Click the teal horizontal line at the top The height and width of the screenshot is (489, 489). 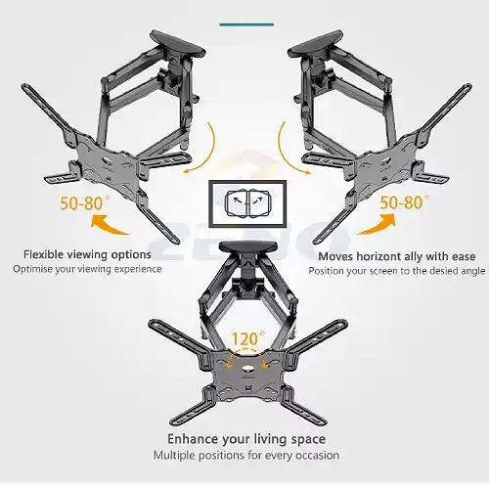[x=246, y=24]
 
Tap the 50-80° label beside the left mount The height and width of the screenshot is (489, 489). [x=85, y=202]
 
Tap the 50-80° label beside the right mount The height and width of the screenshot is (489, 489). [x=404, y=202]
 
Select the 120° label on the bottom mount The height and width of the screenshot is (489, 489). [x=248, y=338]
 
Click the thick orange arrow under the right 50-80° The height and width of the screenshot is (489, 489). [x=378, y=225]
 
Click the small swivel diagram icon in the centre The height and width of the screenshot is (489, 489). [x=247, y=203]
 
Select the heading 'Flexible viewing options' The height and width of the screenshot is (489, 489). [x=87, y=254]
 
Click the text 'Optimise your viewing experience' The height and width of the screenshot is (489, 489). [x=87, y=269]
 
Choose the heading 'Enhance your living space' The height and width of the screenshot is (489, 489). [x=246, y=439]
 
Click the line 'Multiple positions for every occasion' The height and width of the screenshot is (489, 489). [x=246, y=455]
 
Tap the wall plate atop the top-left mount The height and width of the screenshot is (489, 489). [x=178, y=45]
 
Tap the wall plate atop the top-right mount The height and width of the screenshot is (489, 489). [x=316, y=44]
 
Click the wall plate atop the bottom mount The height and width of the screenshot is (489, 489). [x=247, y=247]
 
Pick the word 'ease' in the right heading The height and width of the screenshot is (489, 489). [x=464, y=256]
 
